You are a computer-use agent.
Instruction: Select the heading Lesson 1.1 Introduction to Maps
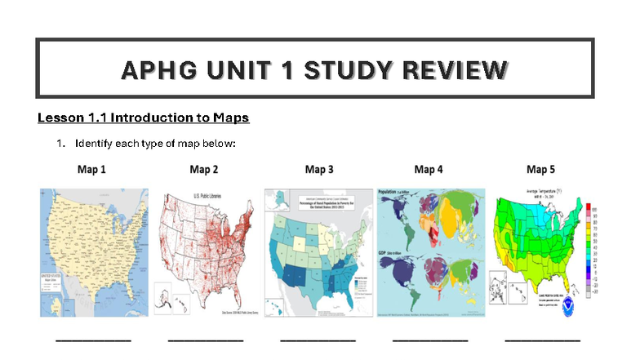tap(143, 118)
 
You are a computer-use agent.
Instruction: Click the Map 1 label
tap(92, 170)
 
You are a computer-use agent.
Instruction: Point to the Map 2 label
tap(204, 170)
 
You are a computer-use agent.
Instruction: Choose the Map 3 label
tap(319, 170)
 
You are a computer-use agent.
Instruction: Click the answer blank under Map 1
tap(92, 339)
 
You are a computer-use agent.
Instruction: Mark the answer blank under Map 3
tap(318, 339)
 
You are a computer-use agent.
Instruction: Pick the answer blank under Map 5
tap(542, 339)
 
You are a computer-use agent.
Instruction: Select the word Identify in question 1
tap(91, 144)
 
